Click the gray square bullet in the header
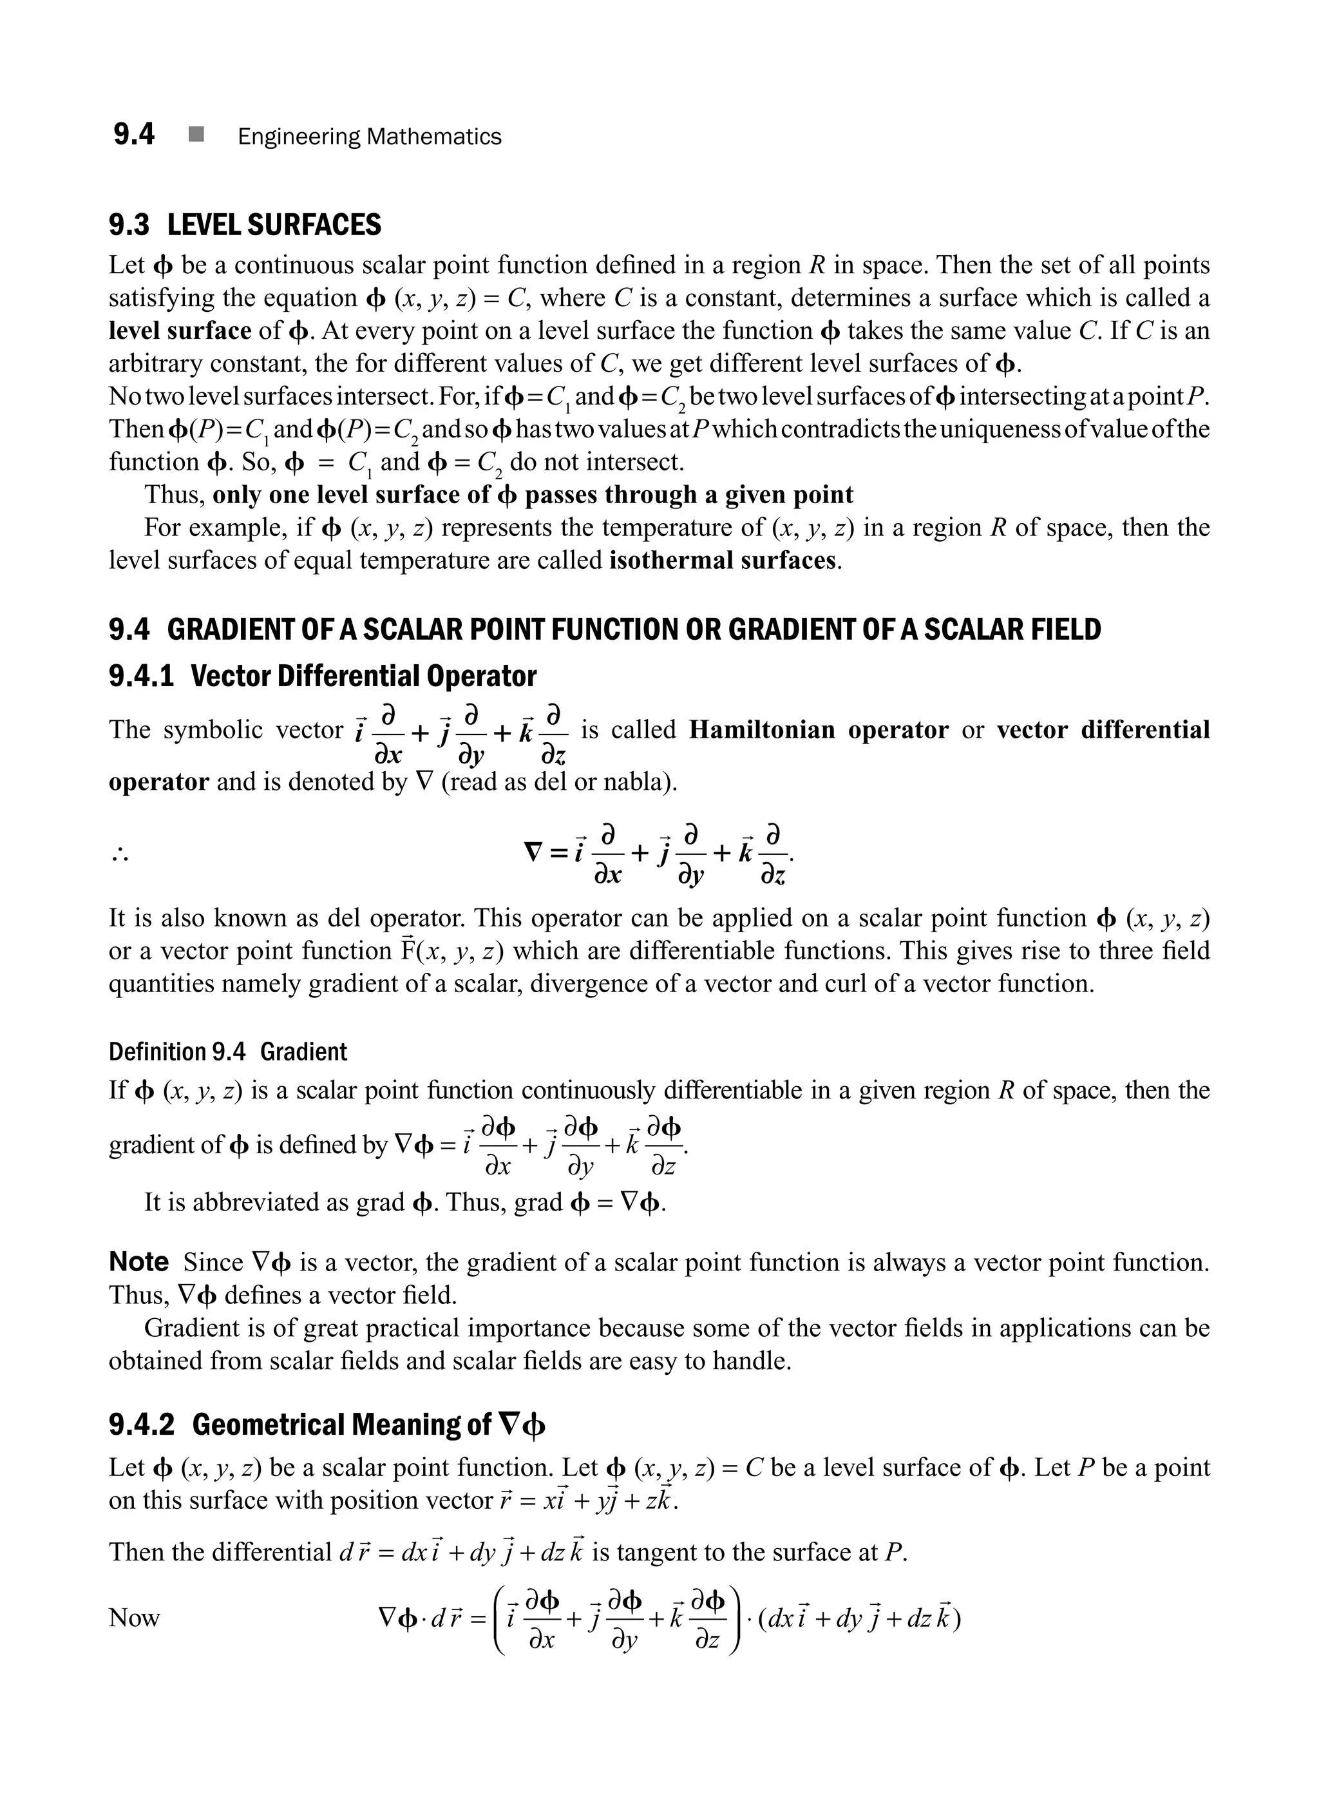point(196,135)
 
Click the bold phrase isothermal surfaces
point(723,560)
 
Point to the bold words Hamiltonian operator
point(819,729)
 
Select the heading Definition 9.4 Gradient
point(227,1051)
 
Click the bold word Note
point(138,1262)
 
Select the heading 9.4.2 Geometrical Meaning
point(327,1424)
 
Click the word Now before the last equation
point(134,1618)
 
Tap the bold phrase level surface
point(180,331)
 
